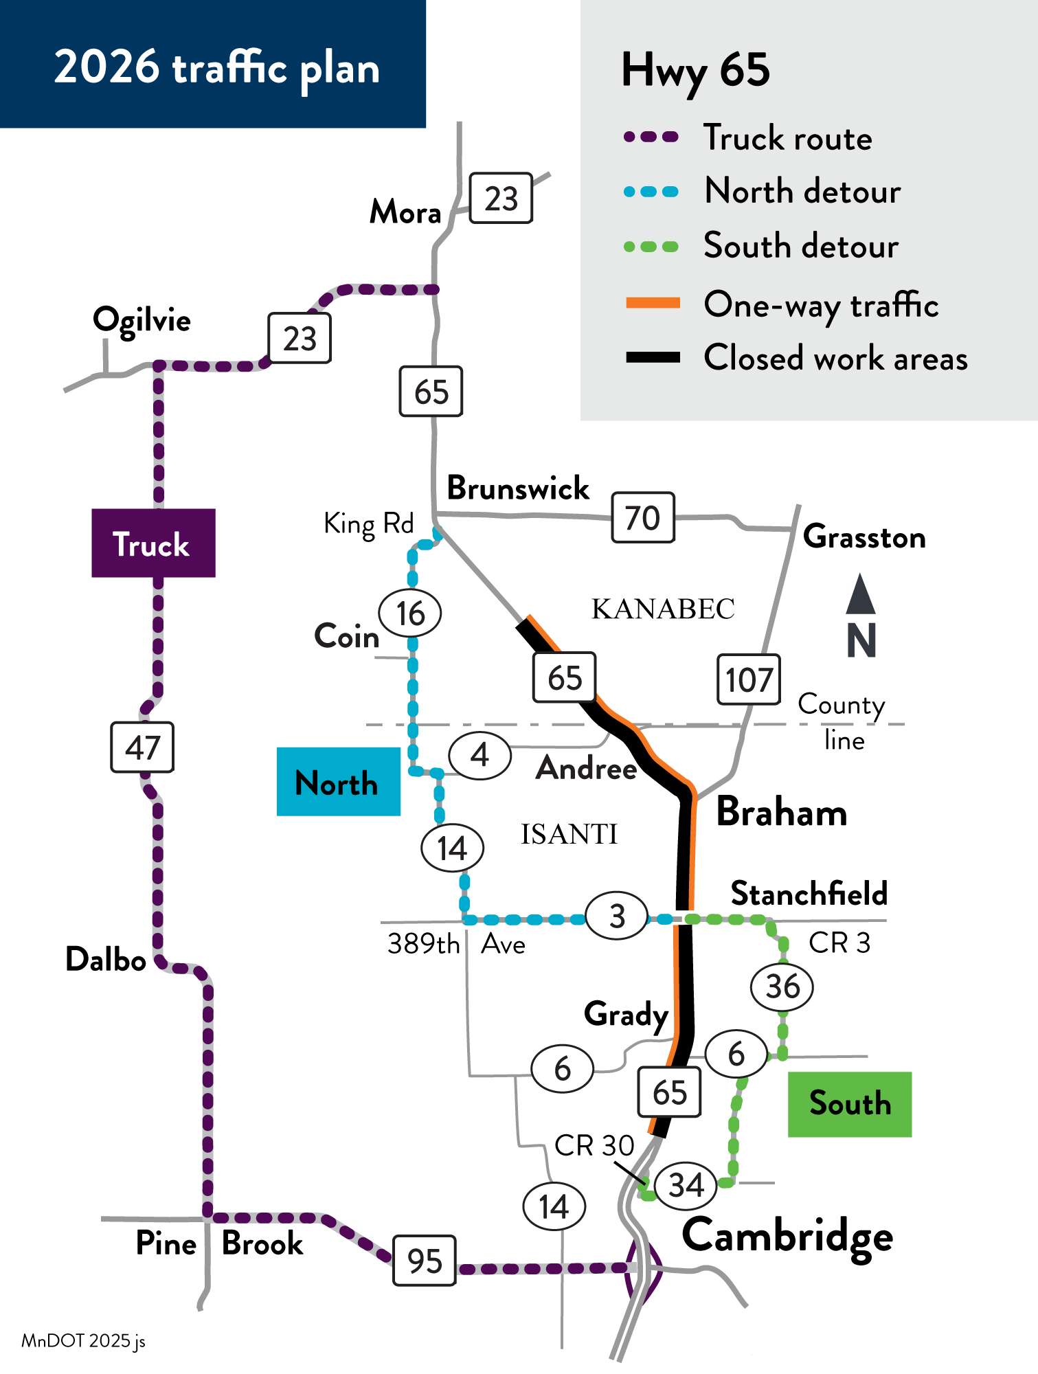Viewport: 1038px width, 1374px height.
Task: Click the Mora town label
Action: coord(405,212)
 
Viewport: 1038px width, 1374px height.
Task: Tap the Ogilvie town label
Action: coord(142,320)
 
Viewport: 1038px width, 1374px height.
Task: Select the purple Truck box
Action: coord(153,543)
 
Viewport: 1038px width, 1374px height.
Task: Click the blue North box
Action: coord(338,782)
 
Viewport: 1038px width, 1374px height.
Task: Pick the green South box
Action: coord(849,1104)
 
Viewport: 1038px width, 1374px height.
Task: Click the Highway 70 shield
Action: coord(642,517)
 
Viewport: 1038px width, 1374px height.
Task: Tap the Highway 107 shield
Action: coord(748,679)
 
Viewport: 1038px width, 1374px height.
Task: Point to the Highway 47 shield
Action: coord(142,747)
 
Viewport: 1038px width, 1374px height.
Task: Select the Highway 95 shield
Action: coord(424,1261)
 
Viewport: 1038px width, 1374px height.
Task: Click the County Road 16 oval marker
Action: coord(410,613)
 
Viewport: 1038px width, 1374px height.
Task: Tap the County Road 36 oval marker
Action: coord(782,987)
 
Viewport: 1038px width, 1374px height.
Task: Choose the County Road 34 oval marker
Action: coord(686,1185)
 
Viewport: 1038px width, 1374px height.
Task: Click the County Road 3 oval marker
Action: coord(617,916)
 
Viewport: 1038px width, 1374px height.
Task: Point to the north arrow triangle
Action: coord(860,594)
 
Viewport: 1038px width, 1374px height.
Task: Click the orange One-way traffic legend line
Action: coord(653,303)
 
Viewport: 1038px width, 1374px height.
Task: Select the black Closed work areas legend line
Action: coord(653,357)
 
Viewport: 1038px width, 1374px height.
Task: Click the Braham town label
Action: coord(781,812)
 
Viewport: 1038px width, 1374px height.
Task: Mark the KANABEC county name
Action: coord(663,609)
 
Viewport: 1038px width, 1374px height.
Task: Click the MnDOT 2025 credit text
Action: coord(83,1341)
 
